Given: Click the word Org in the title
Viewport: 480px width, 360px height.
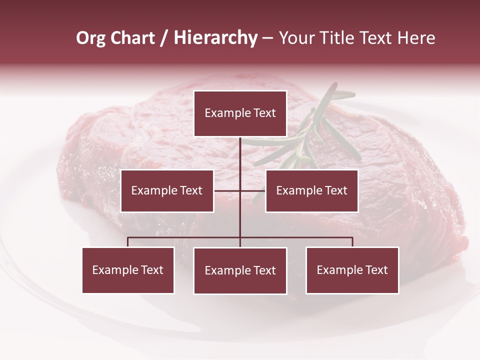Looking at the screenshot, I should tap(90, 38).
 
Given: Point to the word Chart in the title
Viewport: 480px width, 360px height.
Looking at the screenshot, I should tap(132, 38).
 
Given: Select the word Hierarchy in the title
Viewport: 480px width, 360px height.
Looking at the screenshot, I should tap(215, 38).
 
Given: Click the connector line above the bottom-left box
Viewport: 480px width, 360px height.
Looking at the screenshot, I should tap(128, 242).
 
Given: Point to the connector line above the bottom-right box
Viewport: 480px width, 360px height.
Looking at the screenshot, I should tap(352, 242).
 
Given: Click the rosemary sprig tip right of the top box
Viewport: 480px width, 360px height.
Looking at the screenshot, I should tap(350, 93).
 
